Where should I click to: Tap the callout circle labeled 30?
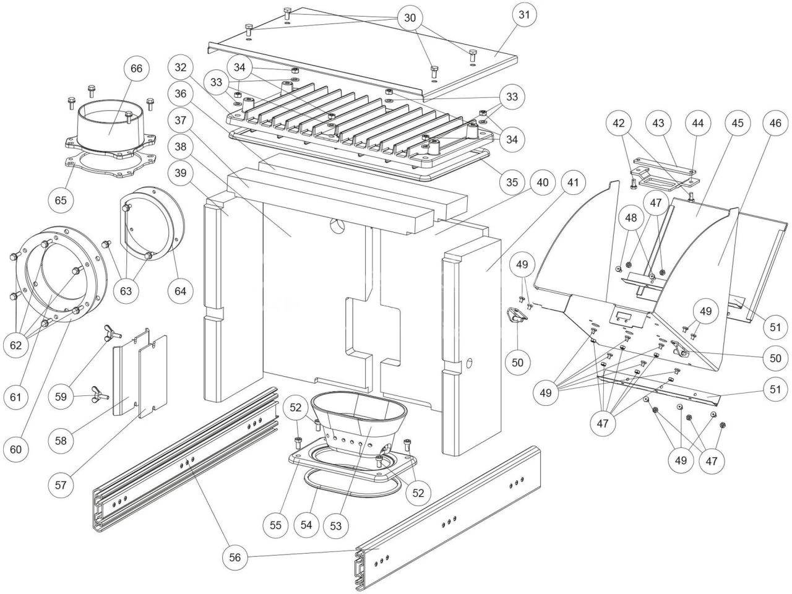[410, 17]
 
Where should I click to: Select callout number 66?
[137, 68]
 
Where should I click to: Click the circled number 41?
[573, 183]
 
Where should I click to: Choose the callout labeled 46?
[775, 123]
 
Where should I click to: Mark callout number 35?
[512, 183]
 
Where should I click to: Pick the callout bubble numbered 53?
[336, 525]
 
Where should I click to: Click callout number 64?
[184, 290]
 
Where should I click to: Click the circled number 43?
[658, 123]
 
